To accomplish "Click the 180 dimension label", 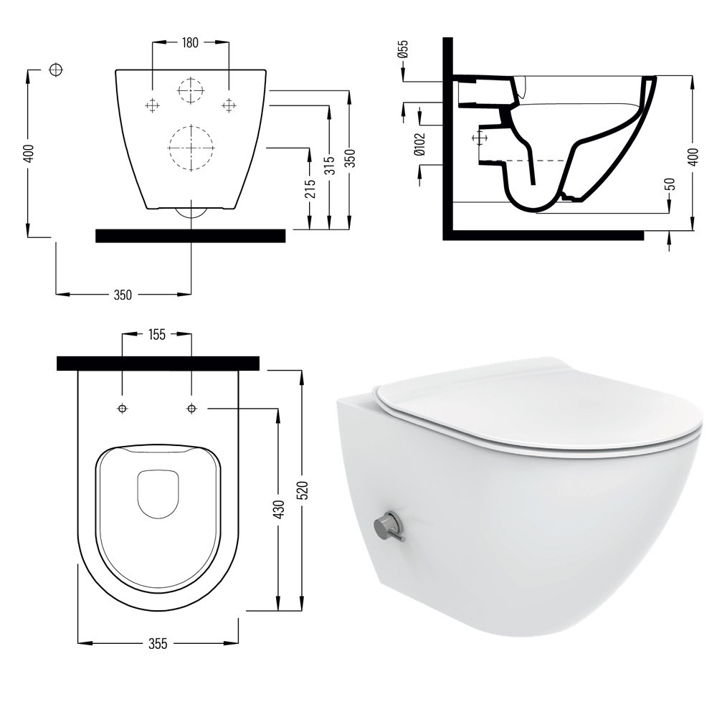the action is tap(190, 42).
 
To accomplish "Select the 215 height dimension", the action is tap(310, 189).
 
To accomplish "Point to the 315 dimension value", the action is tap(330, 165).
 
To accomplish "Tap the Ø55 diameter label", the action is tap(403, 49).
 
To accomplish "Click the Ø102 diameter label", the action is tap(419, 144).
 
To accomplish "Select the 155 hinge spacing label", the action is tap(156, 335).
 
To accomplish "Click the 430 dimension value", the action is tap(278, 509).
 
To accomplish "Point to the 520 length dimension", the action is tap(303, 490).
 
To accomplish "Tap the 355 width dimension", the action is tap(158, 644).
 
